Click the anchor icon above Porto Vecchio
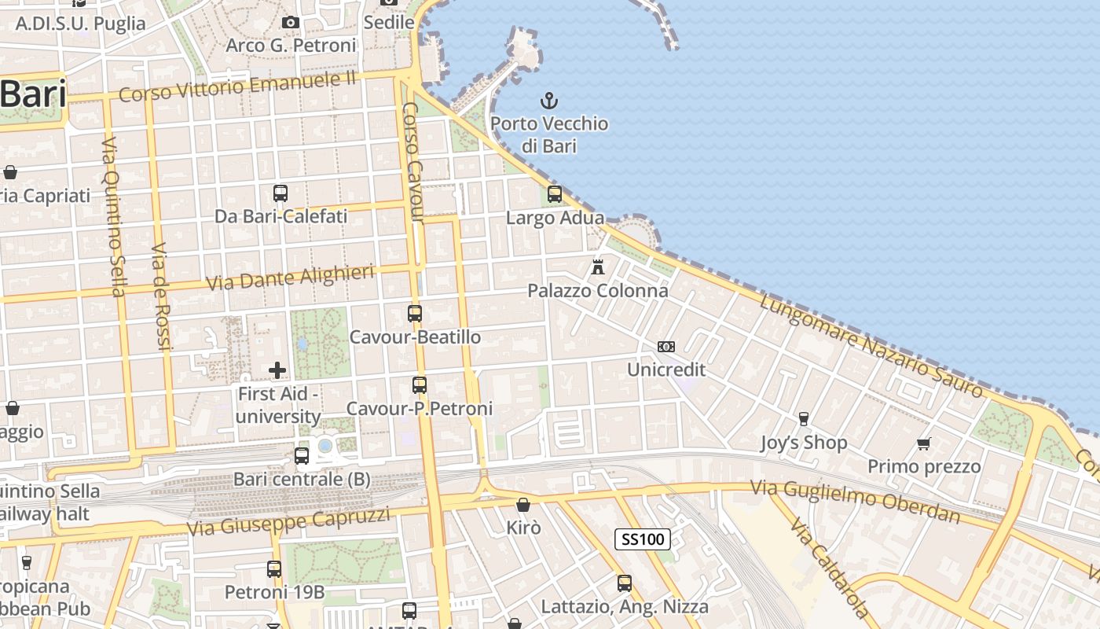(549, 101)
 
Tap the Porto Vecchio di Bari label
(549, 134)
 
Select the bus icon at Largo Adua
(555, 194)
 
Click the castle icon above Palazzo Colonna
(598, 267)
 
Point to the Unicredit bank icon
(666, 347)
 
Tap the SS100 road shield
(643, 539)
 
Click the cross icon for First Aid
(277, 370)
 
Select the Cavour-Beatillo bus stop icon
(415, 314)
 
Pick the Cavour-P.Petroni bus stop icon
(420, 385)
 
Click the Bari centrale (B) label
(302, 479)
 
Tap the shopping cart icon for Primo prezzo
(924, 444)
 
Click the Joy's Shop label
(804, 443)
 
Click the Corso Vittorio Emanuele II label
(237, 86)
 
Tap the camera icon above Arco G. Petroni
(291, 22)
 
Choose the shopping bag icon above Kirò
(523, 505)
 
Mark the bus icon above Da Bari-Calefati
(280, 193)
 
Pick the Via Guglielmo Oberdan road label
(855, 501)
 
